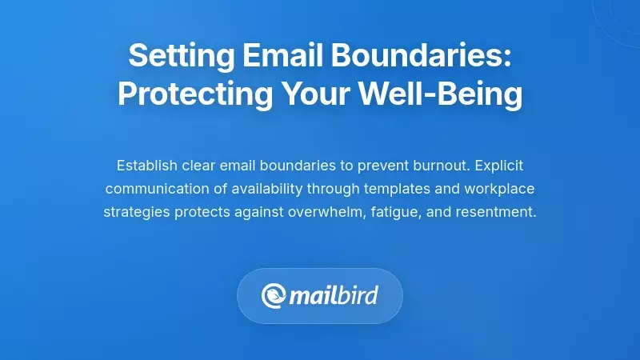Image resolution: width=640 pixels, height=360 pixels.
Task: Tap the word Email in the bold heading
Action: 266,57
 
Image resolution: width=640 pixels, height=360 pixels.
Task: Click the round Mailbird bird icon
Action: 274,297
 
